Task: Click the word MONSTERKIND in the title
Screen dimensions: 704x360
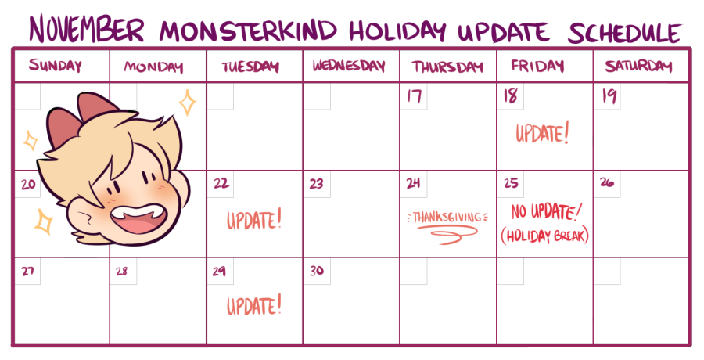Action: (248, 30)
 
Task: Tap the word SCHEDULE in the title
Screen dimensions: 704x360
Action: (624, 32)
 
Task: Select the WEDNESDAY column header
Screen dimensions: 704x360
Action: (350, 66)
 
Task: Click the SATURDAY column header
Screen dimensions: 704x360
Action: (638, 67)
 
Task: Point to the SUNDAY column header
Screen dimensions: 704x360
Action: (56, 66)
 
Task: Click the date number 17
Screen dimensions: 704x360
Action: (414, 96)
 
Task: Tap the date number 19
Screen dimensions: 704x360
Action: (609, 96)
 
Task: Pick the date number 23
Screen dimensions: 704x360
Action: (316, 183)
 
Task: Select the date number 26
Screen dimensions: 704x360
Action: (607, 182)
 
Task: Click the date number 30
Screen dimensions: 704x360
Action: (317, 270)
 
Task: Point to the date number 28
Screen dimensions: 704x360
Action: (122, 271)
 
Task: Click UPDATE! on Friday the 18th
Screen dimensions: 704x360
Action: (542, 134)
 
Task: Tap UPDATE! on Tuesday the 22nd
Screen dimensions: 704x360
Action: (254, 220)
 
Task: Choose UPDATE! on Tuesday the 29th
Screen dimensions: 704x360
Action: (254, 306)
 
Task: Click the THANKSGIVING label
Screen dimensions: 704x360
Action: (447, 218)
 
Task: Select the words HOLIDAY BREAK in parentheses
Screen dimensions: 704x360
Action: (544, 236)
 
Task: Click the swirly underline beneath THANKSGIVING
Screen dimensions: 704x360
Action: (447, 234)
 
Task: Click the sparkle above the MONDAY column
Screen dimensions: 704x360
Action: (188, 103)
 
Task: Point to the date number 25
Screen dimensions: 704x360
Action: (511, 183)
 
